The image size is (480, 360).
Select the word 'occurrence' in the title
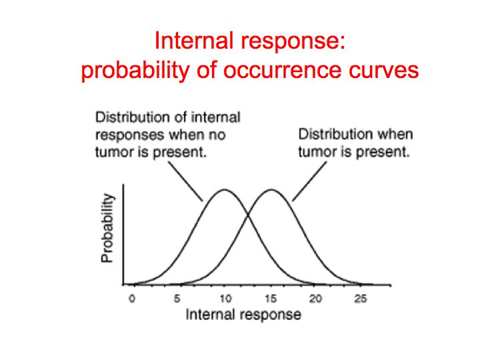282,70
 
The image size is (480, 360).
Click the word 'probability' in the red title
135,71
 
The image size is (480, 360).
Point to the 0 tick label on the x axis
132,299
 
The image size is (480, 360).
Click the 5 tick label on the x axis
177,299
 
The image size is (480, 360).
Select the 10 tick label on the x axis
225,299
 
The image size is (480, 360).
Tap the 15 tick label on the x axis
271,299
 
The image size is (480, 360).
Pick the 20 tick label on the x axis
315,299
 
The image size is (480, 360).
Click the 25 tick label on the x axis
361,299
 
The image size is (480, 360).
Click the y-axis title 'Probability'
107,228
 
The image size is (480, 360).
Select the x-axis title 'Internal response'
243,315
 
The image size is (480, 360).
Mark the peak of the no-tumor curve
225,190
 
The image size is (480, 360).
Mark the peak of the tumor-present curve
271,190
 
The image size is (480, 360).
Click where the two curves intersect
247,215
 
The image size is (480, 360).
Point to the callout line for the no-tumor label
186,181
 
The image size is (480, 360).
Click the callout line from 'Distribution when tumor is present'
309,181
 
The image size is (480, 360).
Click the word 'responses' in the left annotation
130,135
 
